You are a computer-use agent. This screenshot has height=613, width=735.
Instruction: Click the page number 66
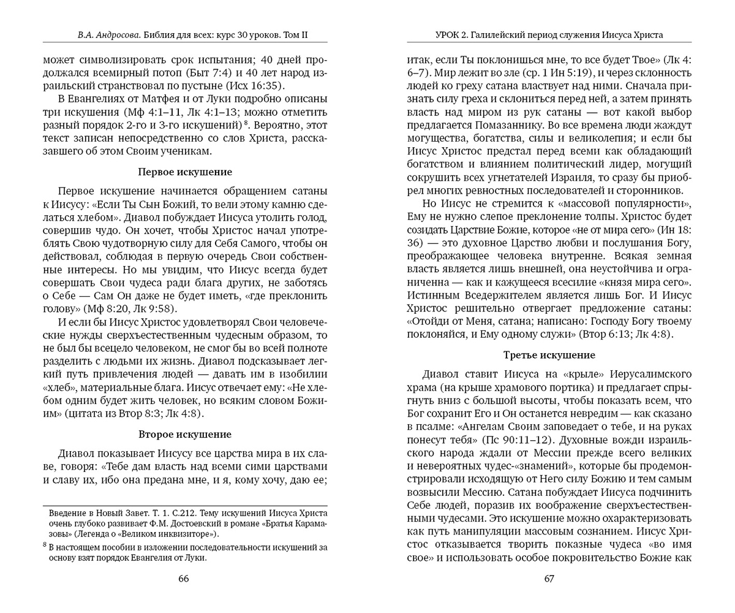click(x=183, y=579)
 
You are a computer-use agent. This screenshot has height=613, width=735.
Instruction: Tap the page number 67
click(x=549, y=579)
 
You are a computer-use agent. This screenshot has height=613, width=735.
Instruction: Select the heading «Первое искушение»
click(x=185, y=172)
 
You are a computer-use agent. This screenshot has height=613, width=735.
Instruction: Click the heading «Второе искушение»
click(x=185, y=435)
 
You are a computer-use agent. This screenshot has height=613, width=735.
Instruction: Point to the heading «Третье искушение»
click(x=549, y=355)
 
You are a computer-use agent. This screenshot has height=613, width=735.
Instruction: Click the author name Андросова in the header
click(x=113, y=35)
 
